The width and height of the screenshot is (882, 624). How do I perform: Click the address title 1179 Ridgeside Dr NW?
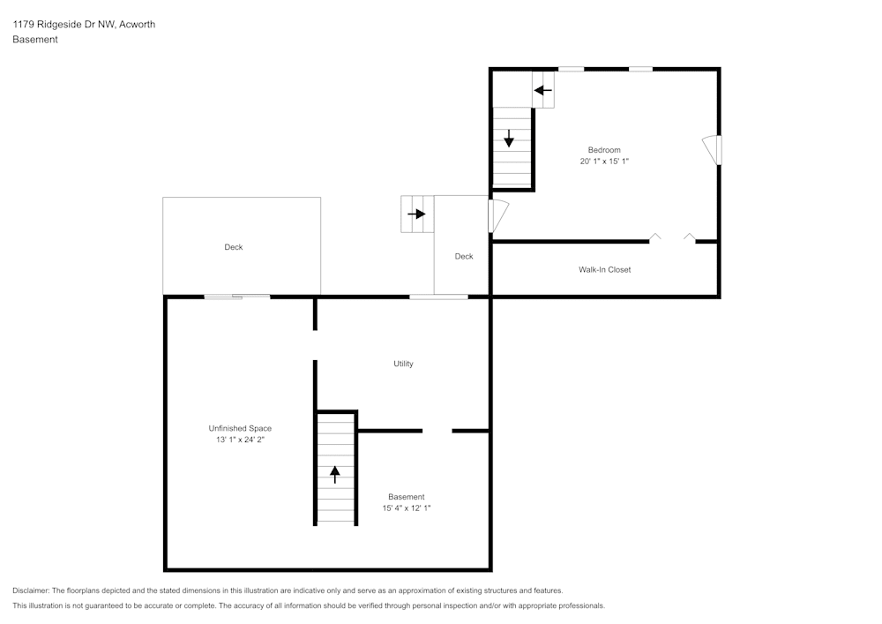click(x=84, y=25)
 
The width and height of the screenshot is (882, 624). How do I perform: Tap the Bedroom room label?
click(x=604, y=150)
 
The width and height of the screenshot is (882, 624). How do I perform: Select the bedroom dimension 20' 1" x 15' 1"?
click(x=604, y=162)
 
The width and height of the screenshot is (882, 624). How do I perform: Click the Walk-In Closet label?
click(x=604, y=269)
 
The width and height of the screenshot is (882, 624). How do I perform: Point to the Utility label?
click(x=403, y=364)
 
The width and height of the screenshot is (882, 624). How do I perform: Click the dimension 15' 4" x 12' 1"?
click(x=407, y=508)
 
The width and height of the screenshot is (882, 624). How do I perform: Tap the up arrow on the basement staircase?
click(x=335, y=474)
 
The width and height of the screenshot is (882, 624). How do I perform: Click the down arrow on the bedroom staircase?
click(x=509, y=139)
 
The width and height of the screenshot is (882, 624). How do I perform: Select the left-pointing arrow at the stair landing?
click(x=542, y=90)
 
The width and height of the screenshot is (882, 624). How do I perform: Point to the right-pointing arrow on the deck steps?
click(x=415, y=214)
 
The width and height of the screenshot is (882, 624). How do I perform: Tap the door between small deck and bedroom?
click(x=497, y=216)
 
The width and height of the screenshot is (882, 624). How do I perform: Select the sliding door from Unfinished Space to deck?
click(x=237, y=297)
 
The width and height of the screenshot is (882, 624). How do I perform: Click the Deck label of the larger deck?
click(x=233, y=247)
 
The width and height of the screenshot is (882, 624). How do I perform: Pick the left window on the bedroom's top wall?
click(x=571, y=69)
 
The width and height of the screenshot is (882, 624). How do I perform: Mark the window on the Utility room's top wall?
click(x=438, y=297)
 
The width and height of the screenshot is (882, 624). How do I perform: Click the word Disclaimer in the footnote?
click(x=31, y=590)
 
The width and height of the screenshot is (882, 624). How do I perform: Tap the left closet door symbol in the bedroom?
click(x=655, y=237)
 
